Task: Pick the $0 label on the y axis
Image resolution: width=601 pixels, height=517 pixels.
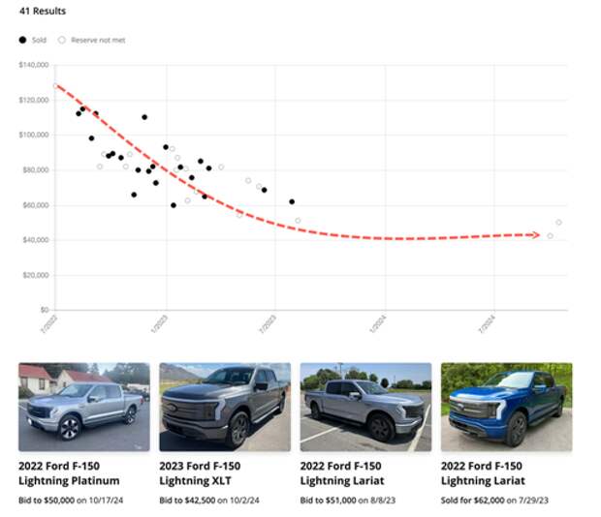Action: (46, 310)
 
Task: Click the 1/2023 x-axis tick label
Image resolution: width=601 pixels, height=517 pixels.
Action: (160, 323)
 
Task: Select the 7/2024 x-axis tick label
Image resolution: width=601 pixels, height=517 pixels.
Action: (488, 323)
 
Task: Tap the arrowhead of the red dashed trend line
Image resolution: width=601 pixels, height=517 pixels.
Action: (535, 234)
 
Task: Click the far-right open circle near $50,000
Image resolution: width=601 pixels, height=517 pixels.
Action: (558, 223)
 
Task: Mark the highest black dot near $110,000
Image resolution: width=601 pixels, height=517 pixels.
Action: (144, 117)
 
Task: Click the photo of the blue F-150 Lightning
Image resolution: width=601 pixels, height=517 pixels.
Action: (506, 407)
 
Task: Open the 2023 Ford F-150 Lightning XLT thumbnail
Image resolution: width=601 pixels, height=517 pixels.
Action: (224, 407)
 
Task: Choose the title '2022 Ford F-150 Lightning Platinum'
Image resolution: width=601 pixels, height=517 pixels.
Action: (69, 472)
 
